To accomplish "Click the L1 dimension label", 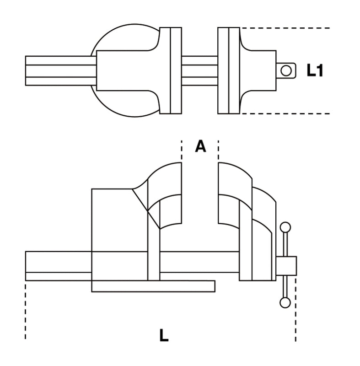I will coord(315,70).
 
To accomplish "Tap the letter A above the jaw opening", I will coord(200,146).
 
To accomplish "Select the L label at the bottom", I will coord(164,335).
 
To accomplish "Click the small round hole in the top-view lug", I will coord(286,70).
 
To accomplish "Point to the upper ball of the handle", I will coord(285,227).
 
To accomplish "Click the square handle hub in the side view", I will coord(286,265).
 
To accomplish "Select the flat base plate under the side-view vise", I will coord(153,286).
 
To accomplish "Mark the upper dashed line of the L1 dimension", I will coord(284,28).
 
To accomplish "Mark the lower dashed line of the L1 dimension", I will coord(284,113).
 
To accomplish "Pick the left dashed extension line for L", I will coord(26,311).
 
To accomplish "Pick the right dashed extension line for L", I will coord(296,311).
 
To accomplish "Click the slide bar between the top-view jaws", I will coord(199,70).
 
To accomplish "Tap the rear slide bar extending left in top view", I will coord(59,70).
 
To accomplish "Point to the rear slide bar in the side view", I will coord(58,265).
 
